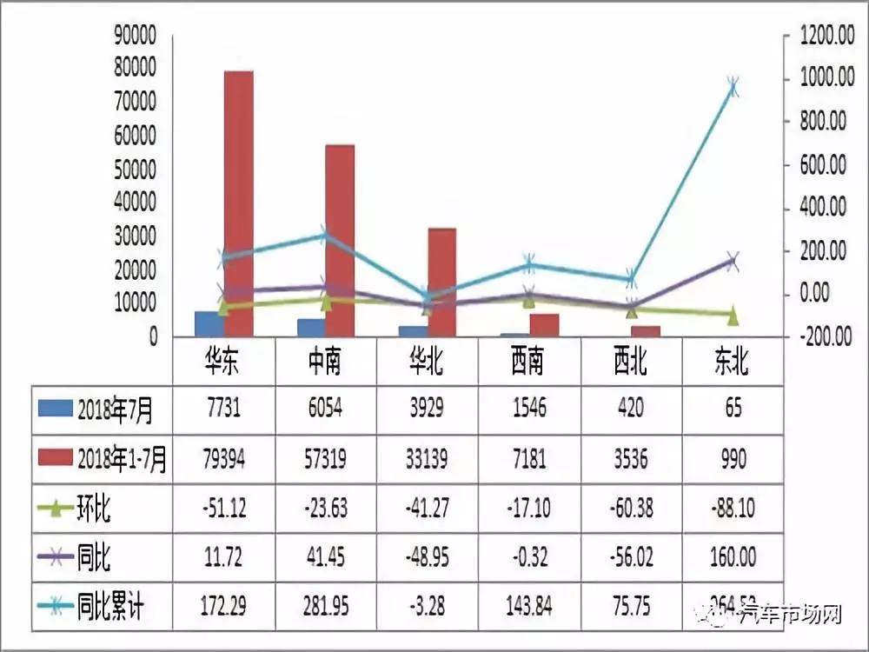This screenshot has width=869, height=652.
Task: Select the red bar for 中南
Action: pos(340,239)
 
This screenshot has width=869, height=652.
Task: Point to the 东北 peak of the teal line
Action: pos(733,87)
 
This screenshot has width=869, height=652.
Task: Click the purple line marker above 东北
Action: pos(733,261)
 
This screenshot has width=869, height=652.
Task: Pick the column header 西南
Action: pos(529,361)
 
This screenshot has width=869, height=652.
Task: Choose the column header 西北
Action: pos(631,361)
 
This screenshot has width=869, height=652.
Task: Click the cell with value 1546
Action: pos(529,409)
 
